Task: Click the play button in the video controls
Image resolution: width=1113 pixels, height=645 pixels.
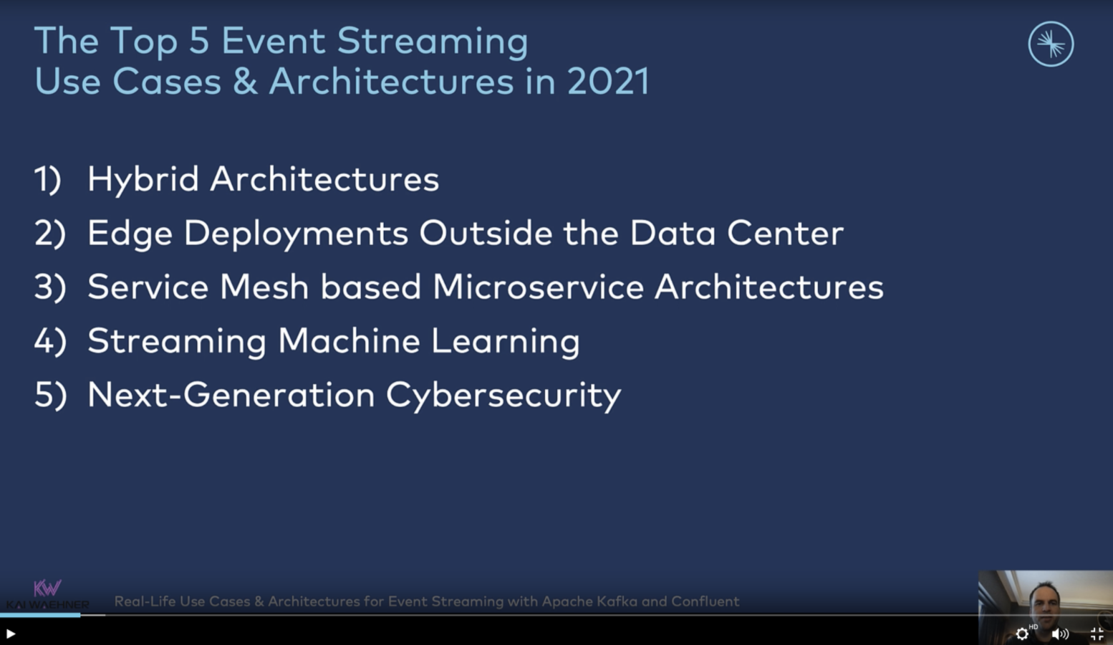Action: pos(11,634)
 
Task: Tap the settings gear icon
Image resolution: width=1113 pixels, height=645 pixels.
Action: pos(1021,634)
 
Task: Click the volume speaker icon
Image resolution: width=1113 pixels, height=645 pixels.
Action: pos(1060,634)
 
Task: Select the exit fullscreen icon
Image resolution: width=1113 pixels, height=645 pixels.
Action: pos(1097,634)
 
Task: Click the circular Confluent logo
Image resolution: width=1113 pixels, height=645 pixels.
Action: pos(1051,44)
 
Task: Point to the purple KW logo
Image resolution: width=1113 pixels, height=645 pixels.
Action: pos(47,588)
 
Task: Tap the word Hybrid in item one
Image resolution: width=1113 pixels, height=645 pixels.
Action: pos(143,180)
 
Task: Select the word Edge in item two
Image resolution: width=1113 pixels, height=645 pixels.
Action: pos(130,234)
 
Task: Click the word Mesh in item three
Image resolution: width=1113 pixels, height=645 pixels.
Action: pos(264,287)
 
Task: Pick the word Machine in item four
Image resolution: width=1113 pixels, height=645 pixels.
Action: pos(350,341)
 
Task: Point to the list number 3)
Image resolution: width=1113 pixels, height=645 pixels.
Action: pos(50,287)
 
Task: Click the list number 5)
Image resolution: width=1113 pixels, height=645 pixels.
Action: pos(50,396)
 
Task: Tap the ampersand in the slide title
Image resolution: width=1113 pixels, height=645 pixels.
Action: pos(245,81)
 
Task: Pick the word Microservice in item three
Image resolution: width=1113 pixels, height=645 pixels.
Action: pos(539,287)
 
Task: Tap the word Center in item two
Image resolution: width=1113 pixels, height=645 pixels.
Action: pos(786,233)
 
